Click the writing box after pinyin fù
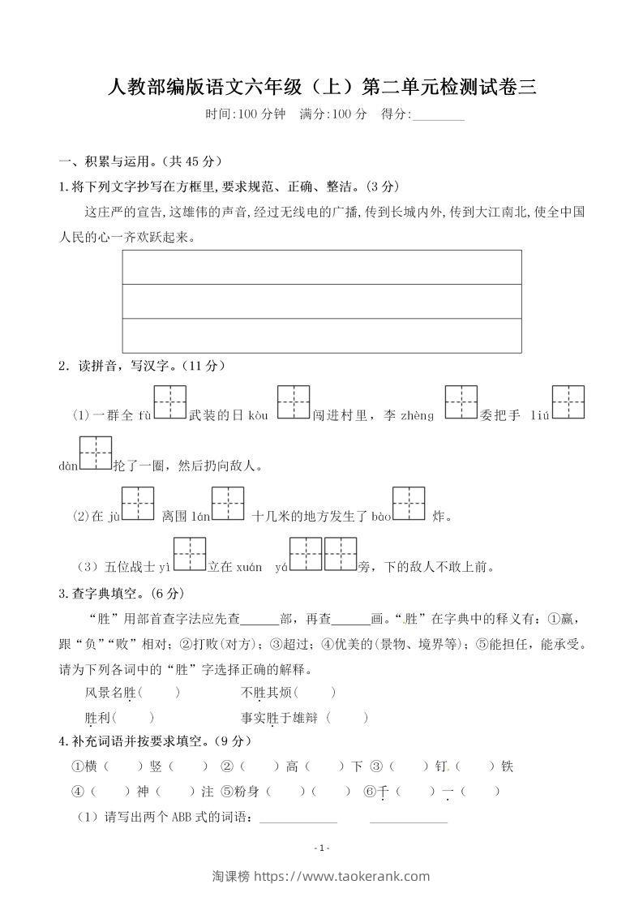pyautogui.click(x=170, y=402)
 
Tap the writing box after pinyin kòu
pyautogui.click(x=294, y=402)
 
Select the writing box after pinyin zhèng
pyautogui.click(x=461, y=402)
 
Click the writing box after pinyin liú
pyautogui.click(x=568, y=402)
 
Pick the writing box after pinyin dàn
pyautogui.click(x=95, y=453)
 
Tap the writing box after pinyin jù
pyautogui.click(x=138, y=503)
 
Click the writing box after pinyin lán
pyautogui.click(x=228, y=503)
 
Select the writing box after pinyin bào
pyautogui.click(x=409, y=503)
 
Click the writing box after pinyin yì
pyautogui.click(x=190, y=554)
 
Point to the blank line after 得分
pyautogui.click(x=439, y=116)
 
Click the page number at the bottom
pyautogui.click(x=322, y=848)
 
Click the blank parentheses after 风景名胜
pyautogui.click(x=160, y=693)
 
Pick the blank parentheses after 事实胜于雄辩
pyautogui.click(x=349, y=718)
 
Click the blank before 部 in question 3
pyautogui.click(x=259, y=619)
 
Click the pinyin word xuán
pyautogui.click(x=250, y=567)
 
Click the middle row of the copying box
pyautogui.click(x=321, y=301)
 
